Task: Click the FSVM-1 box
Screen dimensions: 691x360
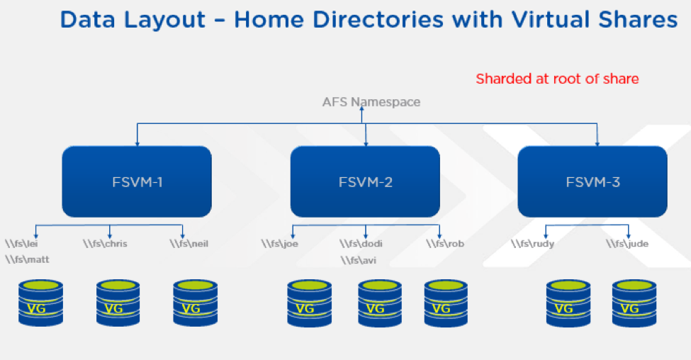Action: [x=137, y=181]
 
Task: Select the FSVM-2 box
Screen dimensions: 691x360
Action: [x=365, y=181]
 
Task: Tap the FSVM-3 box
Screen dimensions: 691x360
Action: [x=592, y=181]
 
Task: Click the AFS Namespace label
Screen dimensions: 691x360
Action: [x=371, y=102]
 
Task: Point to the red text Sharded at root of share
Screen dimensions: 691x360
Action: [x=557, y=79]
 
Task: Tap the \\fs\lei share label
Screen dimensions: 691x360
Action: [x=21, y=244]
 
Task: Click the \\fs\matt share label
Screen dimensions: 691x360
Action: [x=27, y=259]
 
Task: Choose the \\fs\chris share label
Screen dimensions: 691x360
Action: [x=105, y=244]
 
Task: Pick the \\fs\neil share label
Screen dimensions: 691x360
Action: [x=189, y=244]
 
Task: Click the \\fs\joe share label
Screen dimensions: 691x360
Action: [x=279, y=244]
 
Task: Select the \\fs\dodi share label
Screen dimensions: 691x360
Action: [x=361, y=244]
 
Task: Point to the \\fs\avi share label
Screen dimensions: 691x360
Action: [x=359, y=260]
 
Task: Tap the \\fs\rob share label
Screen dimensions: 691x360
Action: [x=445, y=244]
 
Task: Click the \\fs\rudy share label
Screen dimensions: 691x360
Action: [x=532, y=244]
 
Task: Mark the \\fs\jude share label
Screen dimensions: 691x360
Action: [x=627, y=244]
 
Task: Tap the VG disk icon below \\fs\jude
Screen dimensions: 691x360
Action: [x=634, y=303]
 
